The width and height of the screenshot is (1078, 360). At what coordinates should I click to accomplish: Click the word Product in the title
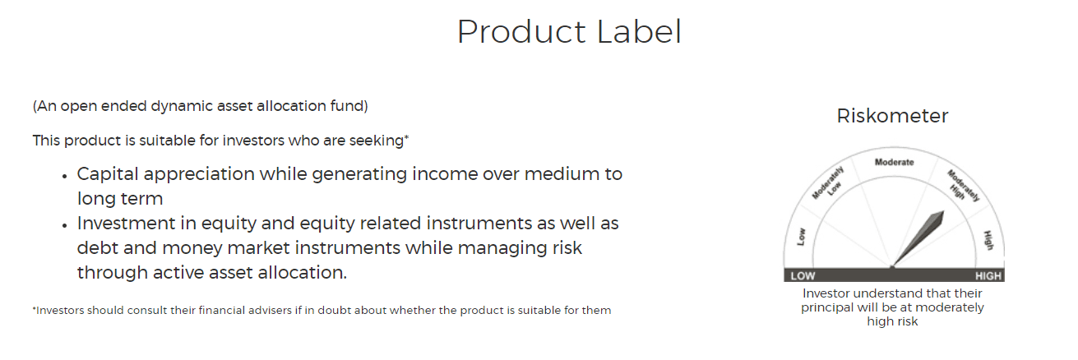click(x=521, y=32)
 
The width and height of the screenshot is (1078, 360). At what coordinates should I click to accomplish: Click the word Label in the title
click(x=640, y=32)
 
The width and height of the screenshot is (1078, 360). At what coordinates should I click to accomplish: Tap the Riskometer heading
click(x=892, y=116)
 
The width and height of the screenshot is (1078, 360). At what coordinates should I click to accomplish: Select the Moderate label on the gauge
click(x=894, y=162)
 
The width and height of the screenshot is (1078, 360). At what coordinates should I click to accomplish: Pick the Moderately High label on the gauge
click(x=963, y=186)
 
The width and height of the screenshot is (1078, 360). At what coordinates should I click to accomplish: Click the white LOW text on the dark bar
click(x=803, y=276)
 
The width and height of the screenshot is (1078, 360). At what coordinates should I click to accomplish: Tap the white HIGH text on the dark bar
click(x=988, y=276)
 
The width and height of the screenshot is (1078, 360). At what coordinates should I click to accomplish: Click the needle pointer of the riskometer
click(x=918, y=238)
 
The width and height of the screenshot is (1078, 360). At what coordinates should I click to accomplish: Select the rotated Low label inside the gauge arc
click(x=801, y=237)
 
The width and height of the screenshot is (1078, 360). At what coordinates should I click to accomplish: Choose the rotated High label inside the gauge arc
click(x=988, y=240)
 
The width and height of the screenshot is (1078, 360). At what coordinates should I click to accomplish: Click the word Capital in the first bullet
click(x=108, y=174)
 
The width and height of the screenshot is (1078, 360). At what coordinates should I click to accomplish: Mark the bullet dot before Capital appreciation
click(x=65, y=176)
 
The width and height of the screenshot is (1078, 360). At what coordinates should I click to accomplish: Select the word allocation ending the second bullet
click(x=303, y=273)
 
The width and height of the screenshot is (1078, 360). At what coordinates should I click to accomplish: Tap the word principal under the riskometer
click(x=825, y=308)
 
